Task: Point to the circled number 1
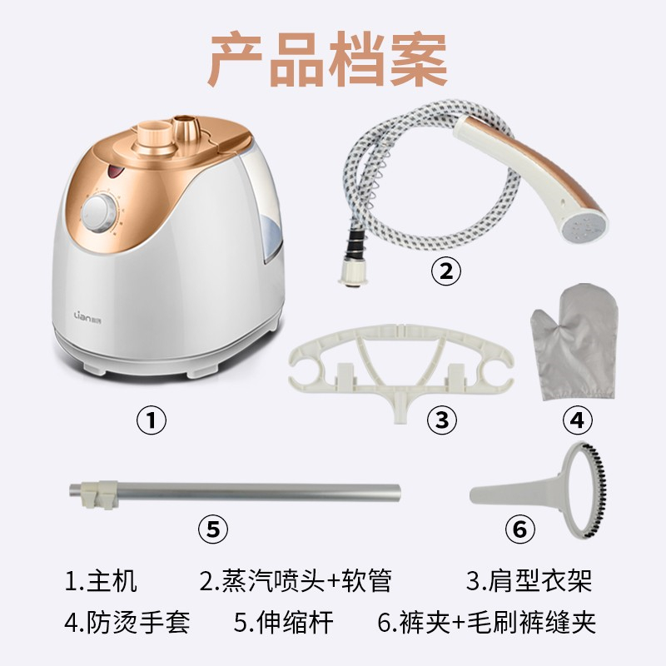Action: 152,420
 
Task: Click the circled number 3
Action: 442,420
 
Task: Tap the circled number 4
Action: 577,420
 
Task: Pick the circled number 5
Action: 213,529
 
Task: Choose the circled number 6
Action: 519,529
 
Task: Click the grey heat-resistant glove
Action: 574,343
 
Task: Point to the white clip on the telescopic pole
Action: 99,494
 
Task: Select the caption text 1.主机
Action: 101,580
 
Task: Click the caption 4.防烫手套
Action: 127,622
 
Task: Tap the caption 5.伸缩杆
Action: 283,622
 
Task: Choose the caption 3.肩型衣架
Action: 529,580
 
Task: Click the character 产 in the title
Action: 236,59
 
